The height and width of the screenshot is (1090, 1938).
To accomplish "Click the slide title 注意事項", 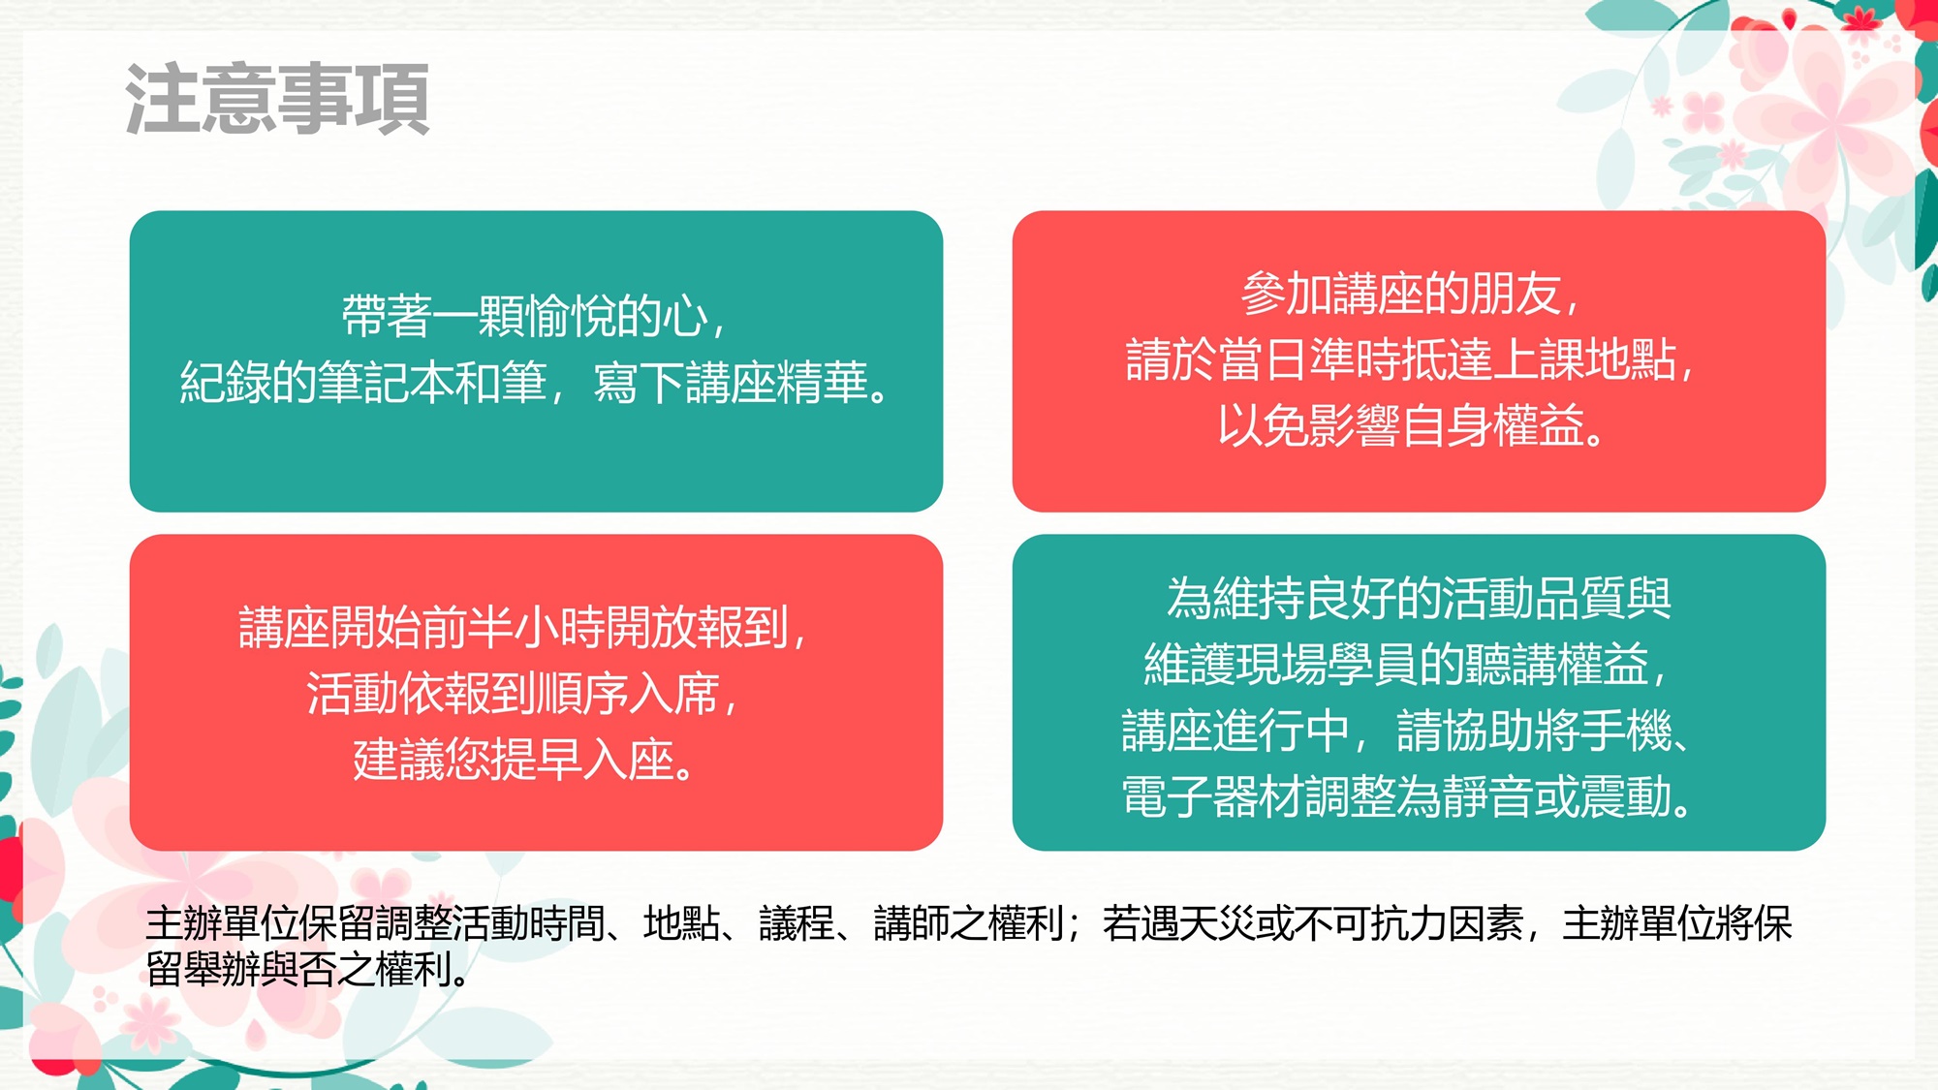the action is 278,99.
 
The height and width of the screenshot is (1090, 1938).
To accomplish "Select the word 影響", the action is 1355,425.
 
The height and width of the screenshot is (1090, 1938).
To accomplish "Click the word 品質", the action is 1579,599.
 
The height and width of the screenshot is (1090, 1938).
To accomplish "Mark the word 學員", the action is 1373,665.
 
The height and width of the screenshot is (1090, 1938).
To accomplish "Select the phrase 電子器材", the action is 1212,796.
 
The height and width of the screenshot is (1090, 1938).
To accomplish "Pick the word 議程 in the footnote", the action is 797,923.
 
